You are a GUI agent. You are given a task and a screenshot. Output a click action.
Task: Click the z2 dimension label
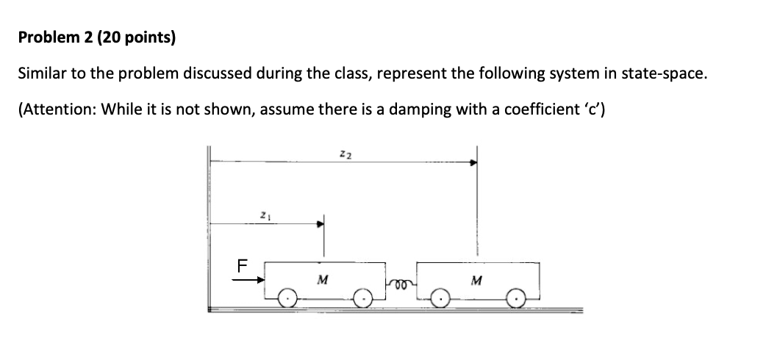coord(344,153)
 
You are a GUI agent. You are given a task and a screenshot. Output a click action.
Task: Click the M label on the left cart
coord(322,279)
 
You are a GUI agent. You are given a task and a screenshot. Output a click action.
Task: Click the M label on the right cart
coord(479,279)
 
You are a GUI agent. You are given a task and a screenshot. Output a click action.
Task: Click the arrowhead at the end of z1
coord(320,225)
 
